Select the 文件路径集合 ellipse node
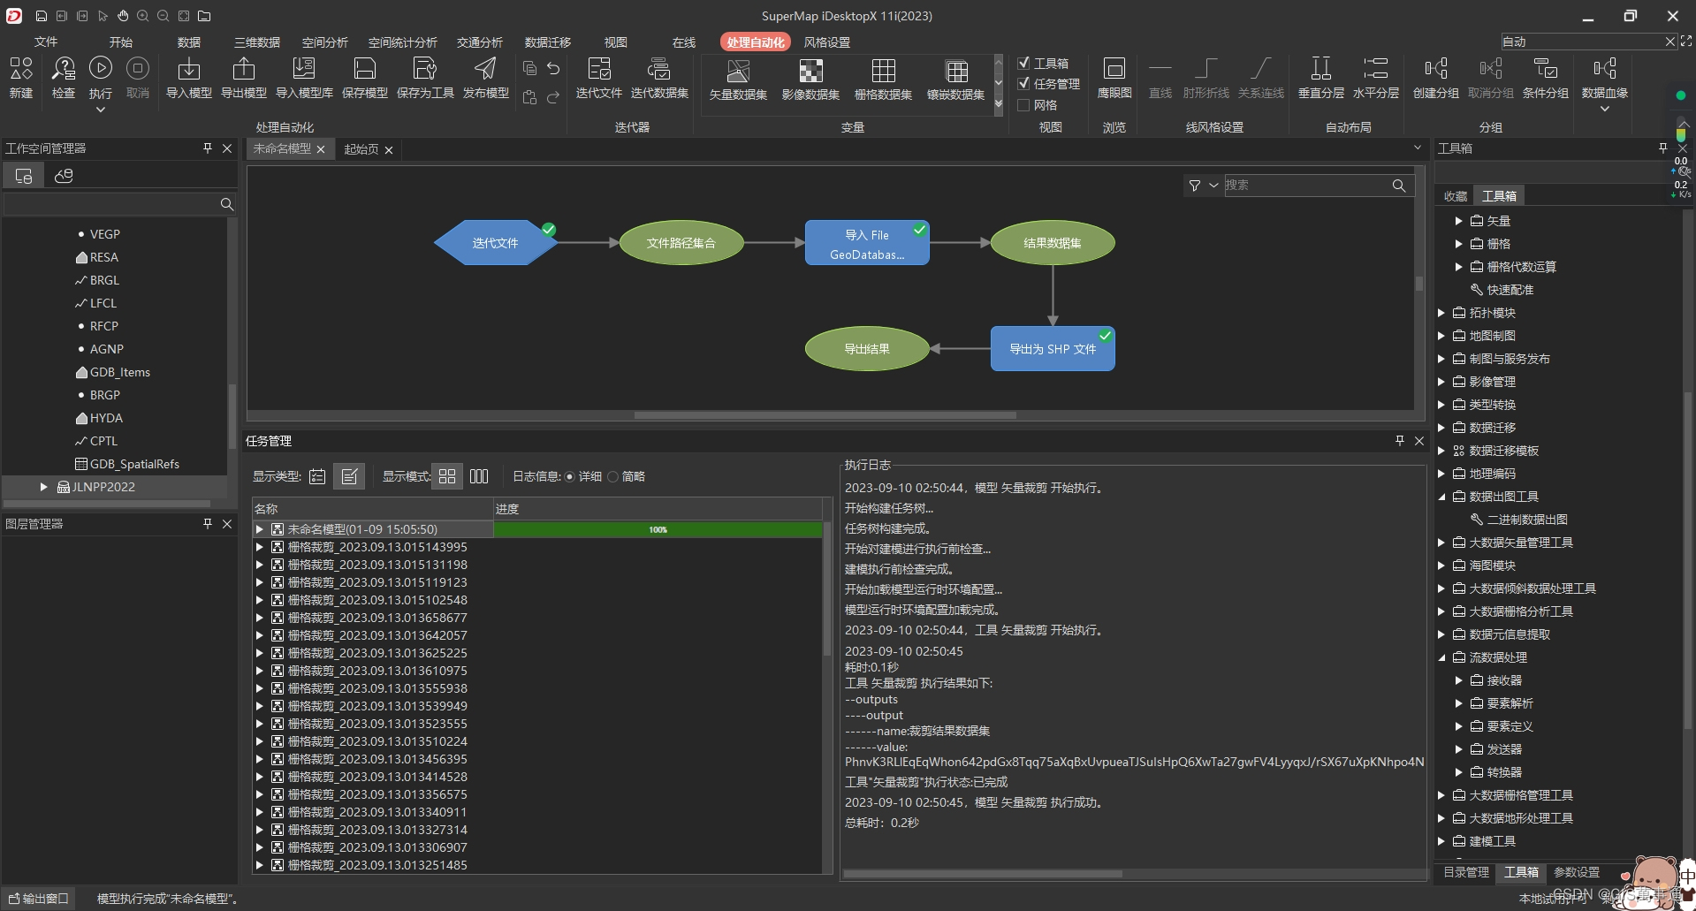coord(681,243)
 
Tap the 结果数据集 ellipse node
coord(1052,243)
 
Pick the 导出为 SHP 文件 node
coord(1052,349)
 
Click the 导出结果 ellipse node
coord(866,349)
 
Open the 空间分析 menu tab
coord(324,42)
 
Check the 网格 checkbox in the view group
coord(1023,105)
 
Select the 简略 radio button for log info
coord(612,477)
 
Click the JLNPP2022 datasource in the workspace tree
coord(103,487)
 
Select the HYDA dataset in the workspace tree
coord(106,418)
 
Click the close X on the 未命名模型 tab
coord(321,149)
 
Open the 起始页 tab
coord(361,149)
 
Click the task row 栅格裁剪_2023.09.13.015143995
coord(377,547)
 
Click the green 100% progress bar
coord(658,529)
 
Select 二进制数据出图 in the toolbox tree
coord(1526,520)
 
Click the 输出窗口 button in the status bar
coord(38,899)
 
